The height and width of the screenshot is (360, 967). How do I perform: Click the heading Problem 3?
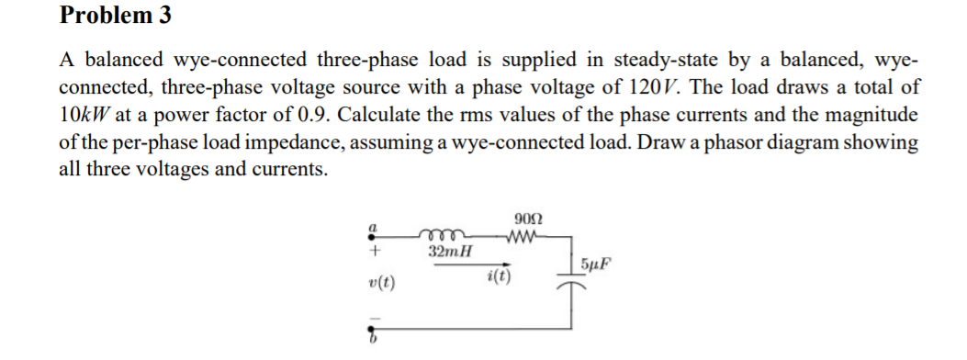[116, 16]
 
